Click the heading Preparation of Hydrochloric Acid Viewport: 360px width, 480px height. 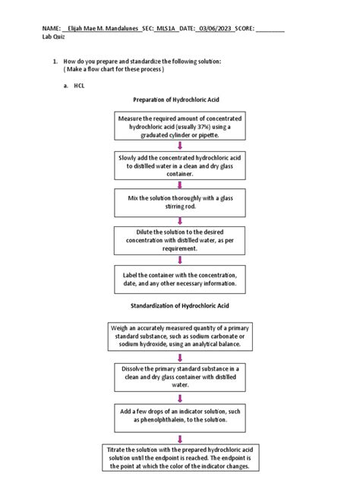[180, 99]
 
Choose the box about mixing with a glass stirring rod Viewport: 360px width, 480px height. [180, 202]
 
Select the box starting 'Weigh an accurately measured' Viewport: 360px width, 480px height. [180, 335]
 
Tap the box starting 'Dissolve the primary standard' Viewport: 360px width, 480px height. [180, 375]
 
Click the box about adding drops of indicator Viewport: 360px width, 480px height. [180, 414]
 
